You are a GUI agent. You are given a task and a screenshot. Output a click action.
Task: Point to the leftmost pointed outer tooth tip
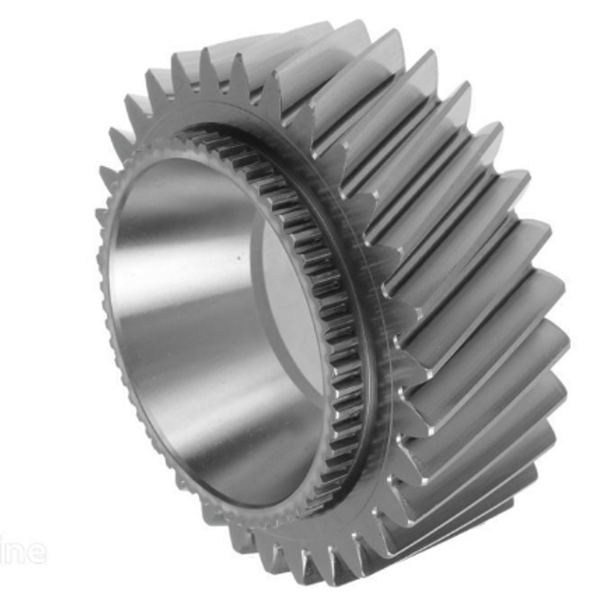pos(102,176)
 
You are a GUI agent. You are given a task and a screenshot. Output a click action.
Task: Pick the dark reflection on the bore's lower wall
pos(237,455)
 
